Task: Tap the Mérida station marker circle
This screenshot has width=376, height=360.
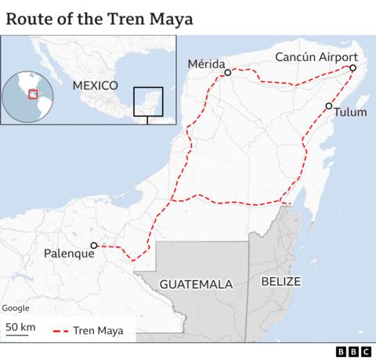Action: tap(227, 73)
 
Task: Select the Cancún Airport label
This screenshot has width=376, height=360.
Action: tap(316, 57)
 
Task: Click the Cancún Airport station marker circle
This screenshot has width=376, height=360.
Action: tap(352, 69)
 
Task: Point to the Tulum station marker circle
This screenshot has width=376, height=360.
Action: tap(329, 106)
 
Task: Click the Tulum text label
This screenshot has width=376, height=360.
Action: tap(350, 112)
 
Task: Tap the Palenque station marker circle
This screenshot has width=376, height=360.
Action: tap(93, 245)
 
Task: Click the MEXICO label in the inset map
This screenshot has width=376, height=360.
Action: tap(94, 85)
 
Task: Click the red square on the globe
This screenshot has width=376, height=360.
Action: tap(32, 94)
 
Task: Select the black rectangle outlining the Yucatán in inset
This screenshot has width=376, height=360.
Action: tap(147, 101)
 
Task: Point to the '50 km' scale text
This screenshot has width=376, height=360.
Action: tap(20, 326)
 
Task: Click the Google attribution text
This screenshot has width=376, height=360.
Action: tap(16, 308)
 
